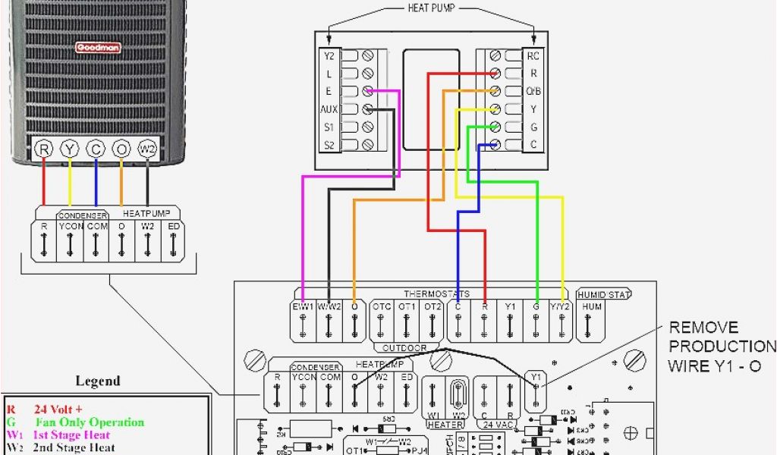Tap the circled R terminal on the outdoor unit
click(x=44, y=149)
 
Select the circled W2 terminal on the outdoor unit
click(x=147, y=149)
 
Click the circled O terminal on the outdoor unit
click(x=121, y=149)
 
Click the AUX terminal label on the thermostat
click(x=329, y=109)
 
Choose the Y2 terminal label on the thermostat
click(x=329, y=55)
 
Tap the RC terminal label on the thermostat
click(x=533, y=55)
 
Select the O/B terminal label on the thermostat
click(x=533, y=92)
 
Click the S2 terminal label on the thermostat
click(x=329, y=145)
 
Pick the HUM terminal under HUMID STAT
click(x=592, y=307)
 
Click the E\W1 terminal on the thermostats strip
click(x=303, y=307)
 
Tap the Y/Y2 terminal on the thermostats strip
click(x=562, y=307)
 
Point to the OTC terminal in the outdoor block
click(x=382, y=307)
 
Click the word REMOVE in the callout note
click(x=703, y=328)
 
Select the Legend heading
click(x=98, y=381)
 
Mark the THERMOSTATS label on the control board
click(x=436, y=293)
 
